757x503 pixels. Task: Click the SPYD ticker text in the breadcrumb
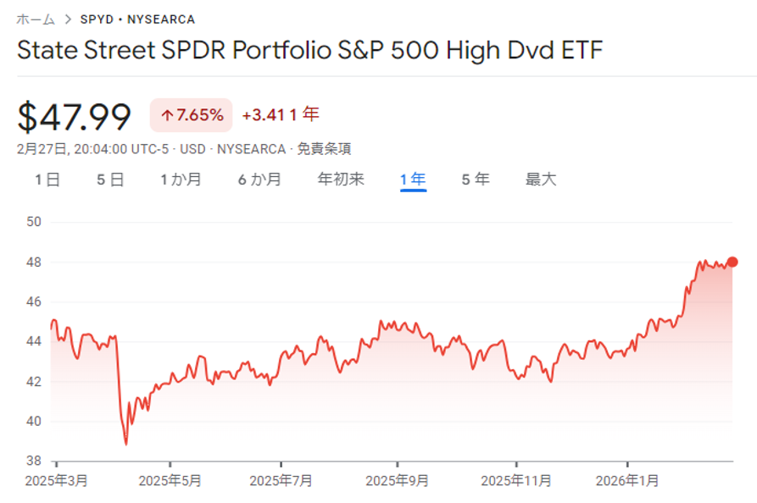pos(97,19)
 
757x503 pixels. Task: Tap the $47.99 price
pos(75,116)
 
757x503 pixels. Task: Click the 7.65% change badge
pos(192,115)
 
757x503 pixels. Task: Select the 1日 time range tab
pos(47,180)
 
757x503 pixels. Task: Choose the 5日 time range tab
pos(110,180)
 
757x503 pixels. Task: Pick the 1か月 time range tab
pos(181,180)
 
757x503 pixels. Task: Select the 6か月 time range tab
pos(259,180)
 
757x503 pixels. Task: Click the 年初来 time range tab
pos(341,180)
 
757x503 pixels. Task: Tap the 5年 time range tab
pos(476,180)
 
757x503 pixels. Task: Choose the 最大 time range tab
pos(541,180)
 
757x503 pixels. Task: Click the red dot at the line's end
pos(732,262)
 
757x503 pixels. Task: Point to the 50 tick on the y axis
pos(35,222)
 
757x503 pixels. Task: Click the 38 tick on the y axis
pos(35,462)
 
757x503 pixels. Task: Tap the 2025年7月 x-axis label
pos(281,480)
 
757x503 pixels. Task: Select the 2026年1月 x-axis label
pos(627,480)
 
